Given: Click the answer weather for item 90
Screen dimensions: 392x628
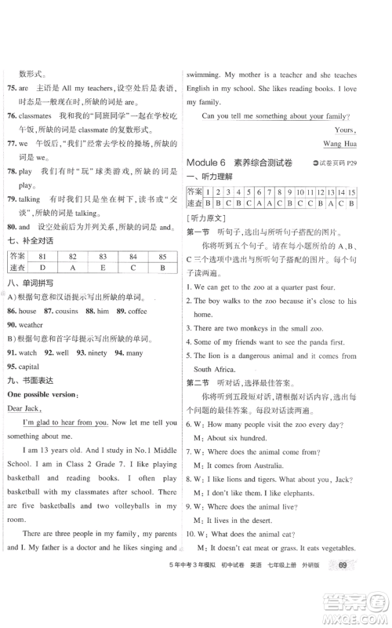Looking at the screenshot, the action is pyautogui.click(x=31, y=323).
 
